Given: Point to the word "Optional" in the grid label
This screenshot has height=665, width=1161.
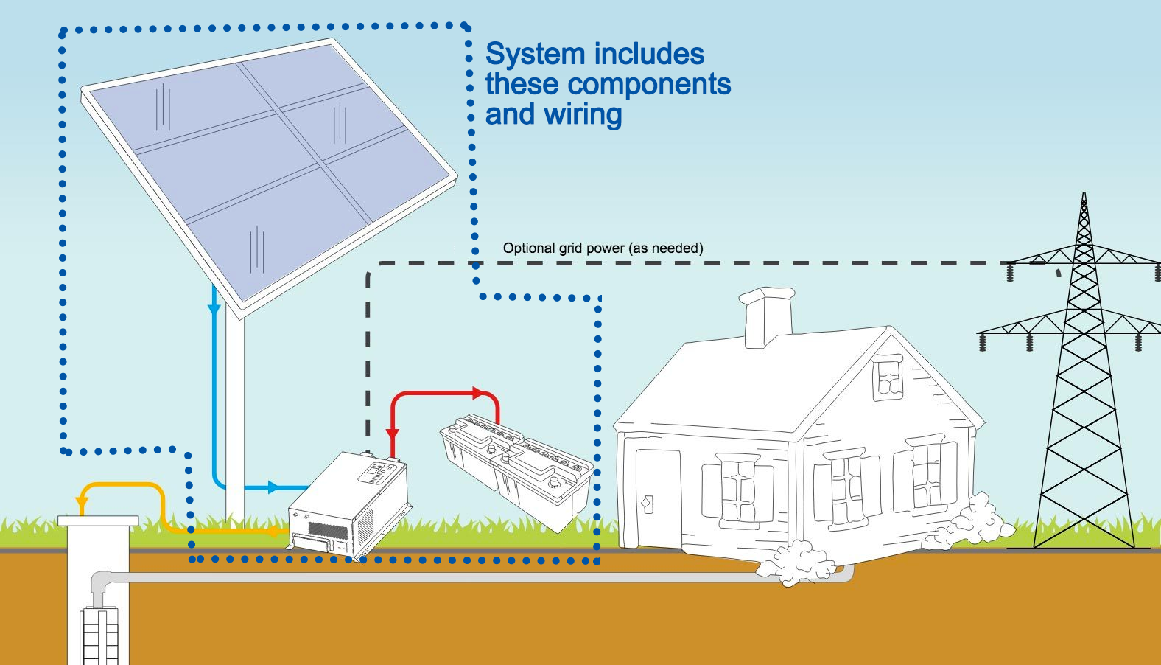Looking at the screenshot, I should coord(529,248).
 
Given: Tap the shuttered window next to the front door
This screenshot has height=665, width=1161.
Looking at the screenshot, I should coord(737,490).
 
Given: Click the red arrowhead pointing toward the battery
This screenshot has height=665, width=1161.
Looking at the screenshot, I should coord(477,393).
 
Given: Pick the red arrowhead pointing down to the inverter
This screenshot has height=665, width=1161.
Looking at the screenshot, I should coord(393,434).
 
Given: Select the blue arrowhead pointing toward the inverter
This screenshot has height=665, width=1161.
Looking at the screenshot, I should coord(273,487).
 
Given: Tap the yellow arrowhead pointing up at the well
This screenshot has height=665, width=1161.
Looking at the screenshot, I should coord(83,504).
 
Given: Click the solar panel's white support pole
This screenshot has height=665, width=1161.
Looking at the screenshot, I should coord(235,413).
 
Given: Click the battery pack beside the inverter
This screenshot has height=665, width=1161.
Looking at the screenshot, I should coord(516,472).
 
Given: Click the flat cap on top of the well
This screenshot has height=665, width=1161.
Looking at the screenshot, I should coord(98,520).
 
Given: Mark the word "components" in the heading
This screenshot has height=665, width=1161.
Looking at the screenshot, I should coord(648,85).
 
